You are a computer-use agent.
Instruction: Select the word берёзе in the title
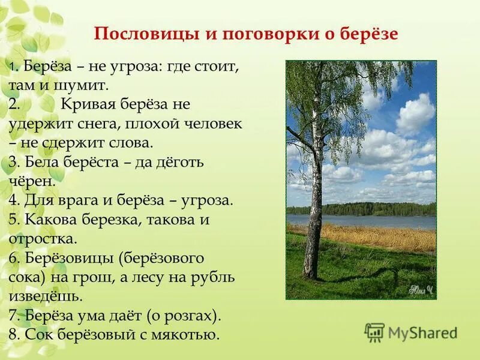point(371,34)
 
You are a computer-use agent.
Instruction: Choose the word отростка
point(43,239)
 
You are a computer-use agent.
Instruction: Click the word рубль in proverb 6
point(215,277)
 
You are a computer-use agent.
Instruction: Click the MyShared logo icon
point(374,332)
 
